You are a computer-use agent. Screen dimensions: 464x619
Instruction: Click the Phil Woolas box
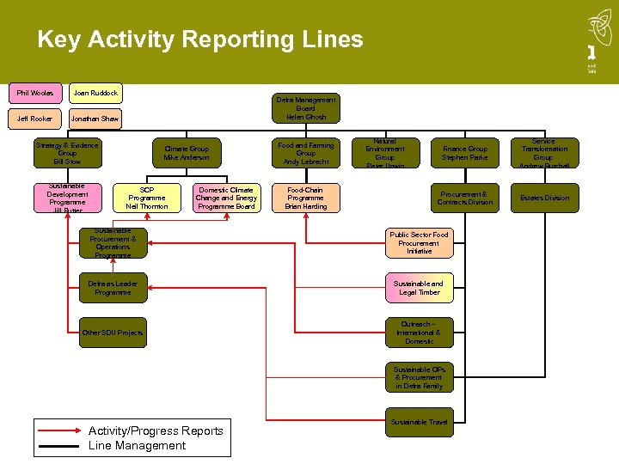point(35,93)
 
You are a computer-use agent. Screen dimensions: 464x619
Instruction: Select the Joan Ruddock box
point(95,93)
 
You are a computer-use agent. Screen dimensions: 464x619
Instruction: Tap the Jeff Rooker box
point(35,119)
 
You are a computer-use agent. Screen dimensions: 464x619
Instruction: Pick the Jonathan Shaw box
point(95,119)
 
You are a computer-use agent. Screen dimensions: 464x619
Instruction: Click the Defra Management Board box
point(306,108)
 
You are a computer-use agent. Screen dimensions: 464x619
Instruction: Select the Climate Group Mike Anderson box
point(187,153)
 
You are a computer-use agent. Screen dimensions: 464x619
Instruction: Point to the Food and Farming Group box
point(306,153)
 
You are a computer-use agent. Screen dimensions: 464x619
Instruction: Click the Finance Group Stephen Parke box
point(464,153)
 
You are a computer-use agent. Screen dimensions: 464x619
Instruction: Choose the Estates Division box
point(543,198)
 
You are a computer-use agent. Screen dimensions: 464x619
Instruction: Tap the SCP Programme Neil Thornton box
point(147,198)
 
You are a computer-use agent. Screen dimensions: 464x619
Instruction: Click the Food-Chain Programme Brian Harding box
point(306,198)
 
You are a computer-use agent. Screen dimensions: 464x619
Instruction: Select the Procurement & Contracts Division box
point(464,198)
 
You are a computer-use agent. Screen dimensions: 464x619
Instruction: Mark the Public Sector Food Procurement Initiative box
point(419,243)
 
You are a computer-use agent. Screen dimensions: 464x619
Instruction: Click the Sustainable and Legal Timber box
point(419,288)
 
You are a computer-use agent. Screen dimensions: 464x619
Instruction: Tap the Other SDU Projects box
point(113,333)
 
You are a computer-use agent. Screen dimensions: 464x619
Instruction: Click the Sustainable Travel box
point(419,422)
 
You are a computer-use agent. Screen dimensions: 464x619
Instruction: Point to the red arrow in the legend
point(60,430)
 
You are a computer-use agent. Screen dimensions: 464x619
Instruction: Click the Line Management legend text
point(137,445)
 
